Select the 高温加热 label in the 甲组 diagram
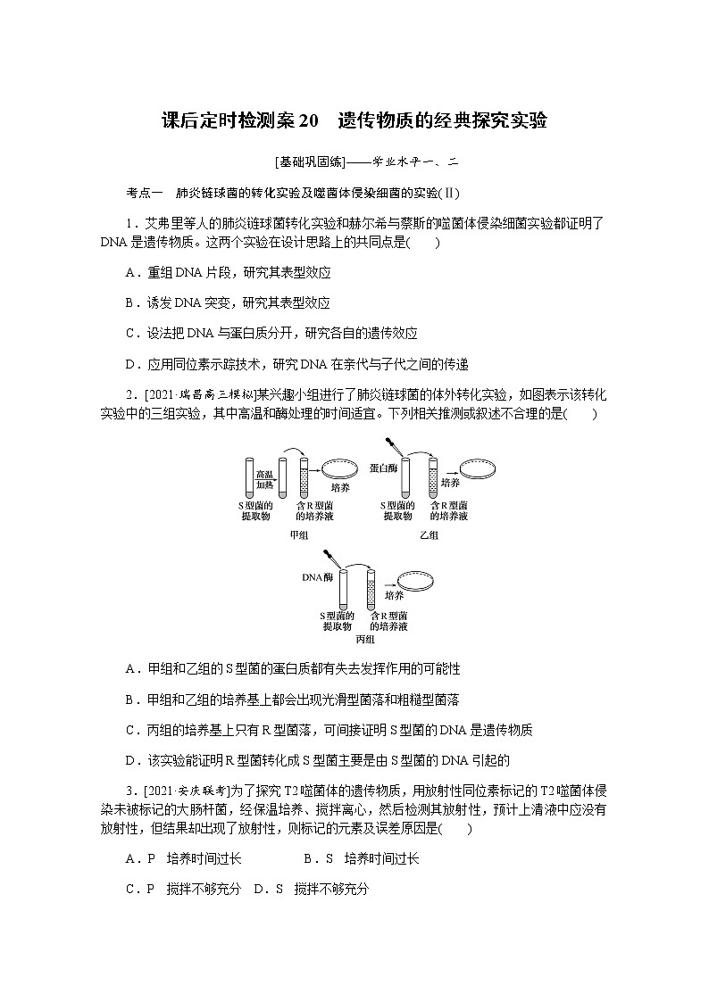[265, 479]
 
